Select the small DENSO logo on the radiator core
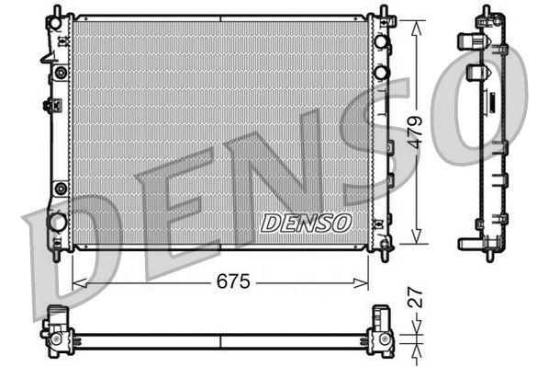click(306, 223)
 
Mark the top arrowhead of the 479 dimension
click(416, 20)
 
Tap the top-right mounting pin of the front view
click(382, 11)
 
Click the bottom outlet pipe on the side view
click(468, 243)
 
